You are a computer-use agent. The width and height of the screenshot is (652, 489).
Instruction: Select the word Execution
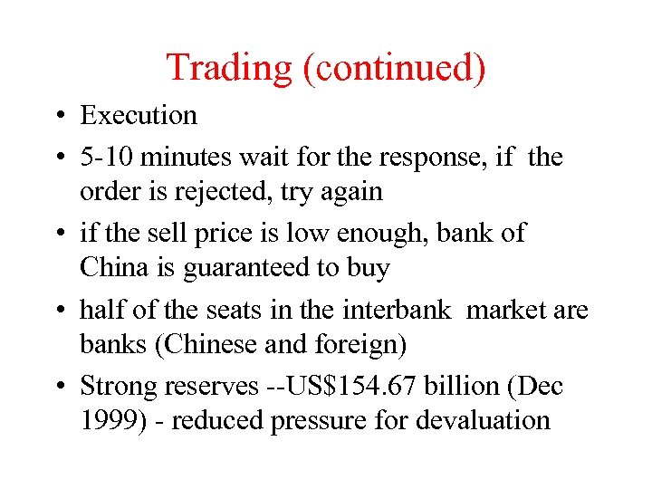coord(138,116)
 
